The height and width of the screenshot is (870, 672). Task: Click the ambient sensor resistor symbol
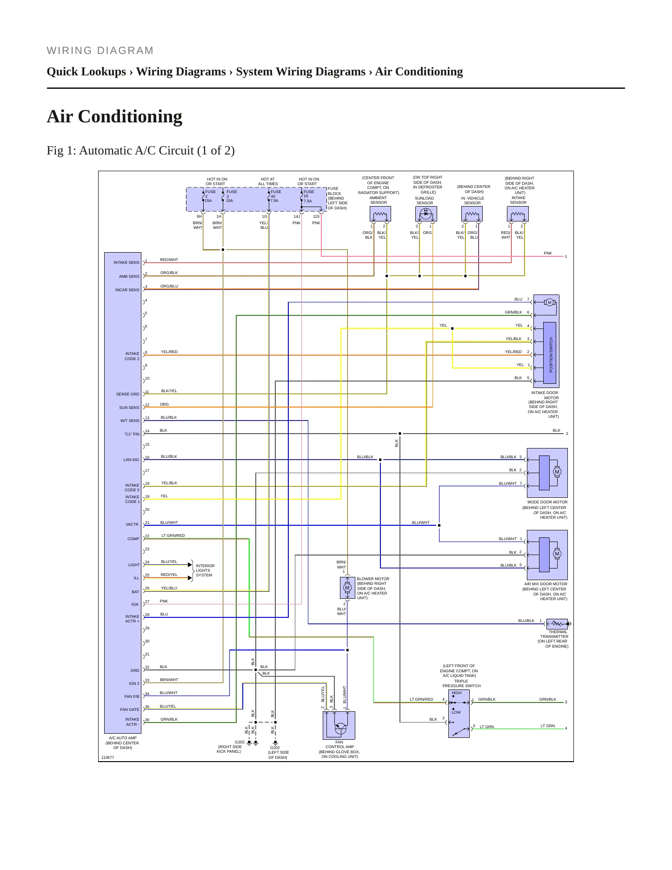tap(380, 214)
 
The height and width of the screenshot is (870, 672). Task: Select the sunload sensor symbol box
tap(426, 214)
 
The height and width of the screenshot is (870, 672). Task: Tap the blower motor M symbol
tap(347, 588)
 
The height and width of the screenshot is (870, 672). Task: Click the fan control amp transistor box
tap(339, 725)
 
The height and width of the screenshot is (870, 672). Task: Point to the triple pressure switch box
tap(459, 714)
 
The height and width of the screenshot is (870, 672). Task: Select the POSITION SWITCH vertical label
tap(551, 355)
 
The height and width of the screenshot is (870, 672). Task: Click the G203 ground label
tap(240, 742)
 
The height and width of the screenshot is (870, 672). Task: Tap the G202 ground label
tap(275, 748)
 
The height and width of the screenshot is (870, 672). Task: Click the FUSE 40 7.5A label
tap(275, 196)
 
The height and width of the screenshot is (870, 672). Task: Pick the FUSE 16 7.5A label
tap(308, 196)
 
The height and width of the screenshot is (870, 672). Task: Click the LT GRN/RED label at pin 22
tap(173, 535)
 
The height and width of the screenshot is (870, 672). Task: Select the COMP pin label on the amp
tap(133, 539)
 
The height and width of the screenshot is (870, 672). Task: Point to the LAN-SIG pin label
tap(131, 460)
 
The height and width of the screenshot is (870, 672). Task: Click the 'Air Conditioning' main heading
tap(114, 116)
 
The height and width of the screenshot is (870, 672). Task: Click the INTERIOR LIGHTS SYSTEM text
tap(205, 570)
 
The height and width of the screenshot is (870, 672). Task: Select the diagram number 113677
tap(107, 757)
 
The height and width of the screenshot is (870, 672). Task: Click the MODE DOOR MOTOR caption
tap(547, 502)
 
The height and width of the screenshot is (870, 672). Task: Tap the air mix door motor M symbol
tap(557, 554)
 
